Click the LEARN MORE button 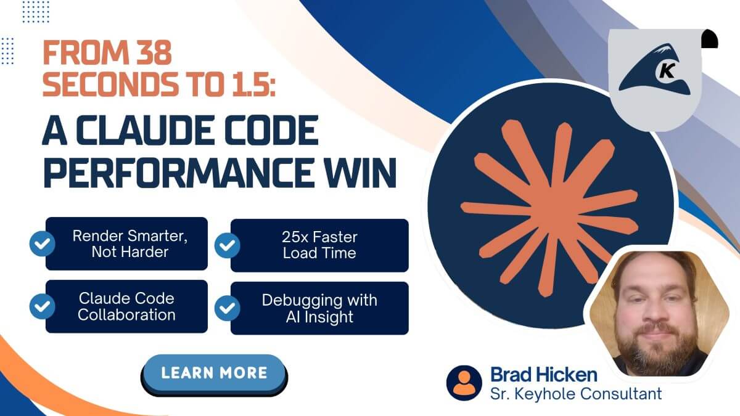point(214,373)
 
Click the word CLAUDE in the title point(147,131)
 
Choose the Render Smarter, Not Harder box point(126,243)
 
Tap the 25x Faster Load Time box point(319,245)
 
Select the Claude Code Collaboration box point(126,306)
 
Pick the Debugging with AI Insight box point(319,308)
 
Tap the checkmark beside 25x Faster point(227,245)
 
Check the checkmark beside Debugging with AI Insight point(227,308)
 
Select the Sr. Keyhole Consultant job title point(576,393)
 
